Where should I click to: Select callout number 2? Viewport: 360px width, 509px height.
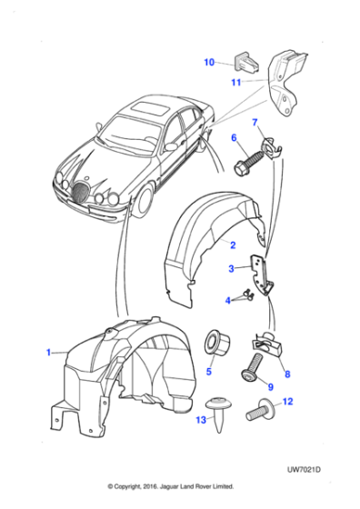point(232,245)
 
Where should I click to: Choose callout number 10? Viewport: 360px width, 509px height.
point(208,63)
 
